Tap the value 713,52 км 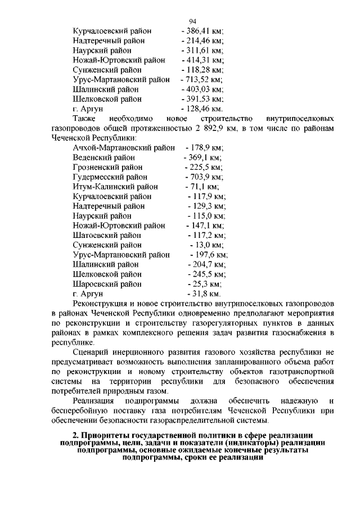(x=201, y=79)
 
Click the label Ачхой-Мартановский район (x=124, y=148)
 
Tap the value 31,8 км (x=204, y=294)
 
